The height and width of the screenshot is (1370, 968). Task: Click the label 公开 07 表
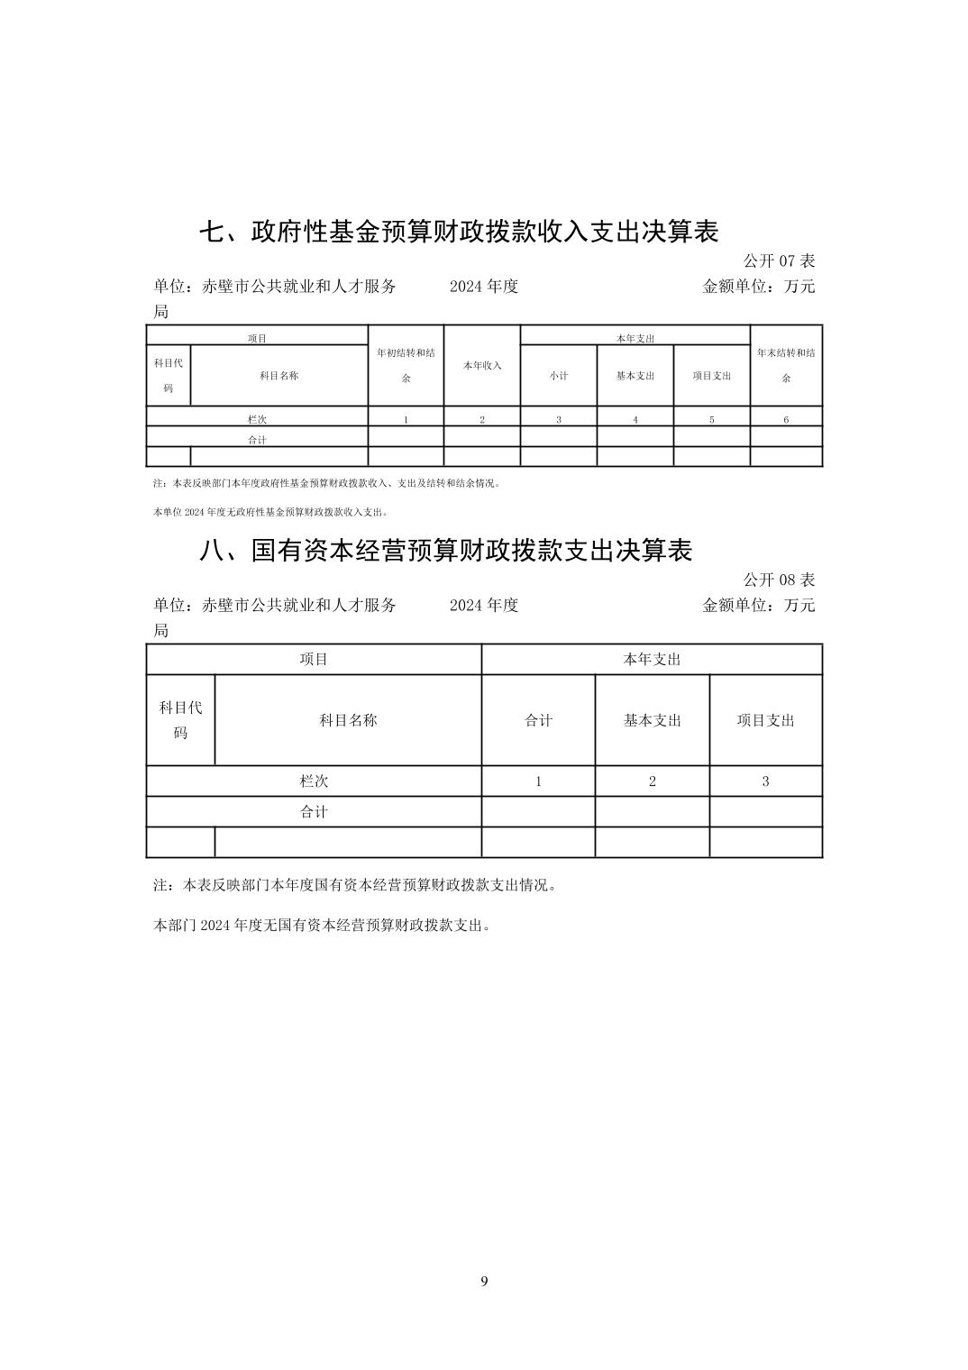pos(779,261)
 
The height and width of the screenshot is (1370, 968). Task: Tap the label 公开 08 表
pos(779,580)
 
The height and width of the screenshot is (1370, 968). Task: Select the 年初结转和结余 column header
pos(406,365)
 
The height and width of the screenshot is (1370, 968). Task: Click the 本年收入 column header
pos(482,366)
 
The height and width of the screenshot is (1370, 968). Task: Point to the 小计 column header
pos(559,376)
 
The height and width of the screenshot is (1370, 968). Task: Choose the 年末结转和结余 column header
pos(786,365)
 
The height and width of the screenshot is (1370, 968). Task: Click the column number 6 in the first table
pos(786,419)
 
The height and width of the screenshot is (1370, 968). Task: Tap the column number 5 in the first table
pos(712,419)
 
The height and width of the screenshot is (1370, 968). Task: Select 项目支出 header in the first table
pos(712,376)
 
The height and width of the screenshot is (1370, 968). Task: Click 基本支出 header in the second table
pos(653,720)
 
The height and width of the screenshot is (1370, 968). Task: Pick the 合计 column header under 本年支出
pos(538,720)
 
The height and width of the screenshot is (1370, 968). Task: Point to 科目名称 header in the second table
pos(348,720)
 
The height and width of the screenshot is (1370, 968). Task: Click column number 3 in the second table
pos(766,781)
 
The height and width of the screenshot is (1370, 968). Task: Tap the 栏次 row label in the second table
pos(314,781)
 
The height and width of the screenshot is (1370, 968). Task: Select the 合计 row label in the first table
pos(258,440)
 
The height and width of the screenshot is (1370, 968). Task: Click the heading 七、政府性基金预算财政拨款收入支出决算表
pos(458,232)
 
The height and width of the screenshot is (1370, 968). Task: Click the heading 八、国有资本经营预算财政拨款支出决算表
pos(445,550)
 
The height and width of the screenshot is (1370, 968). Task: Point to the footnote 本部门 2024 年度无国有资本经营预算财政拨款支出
pos(323,925)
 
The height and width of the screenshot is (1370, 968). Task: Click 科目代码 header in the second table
pos(180,720)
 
